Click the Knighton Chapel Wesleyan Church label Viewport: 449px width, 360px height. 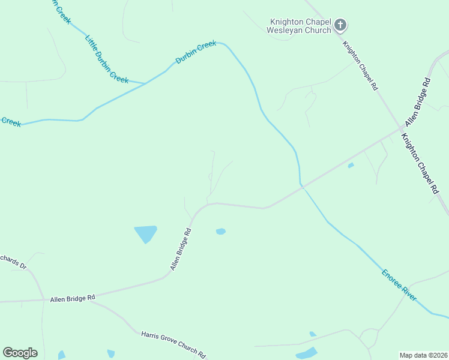298,25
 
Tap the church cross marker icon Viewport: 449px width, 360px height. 340,25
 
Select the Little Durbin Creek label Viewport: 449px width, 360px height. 106,59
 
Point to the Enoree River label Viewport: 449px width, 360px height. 399,285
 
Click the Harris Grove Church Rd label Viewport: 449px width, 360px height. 173,344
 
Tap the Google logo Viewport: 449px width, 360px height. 20,353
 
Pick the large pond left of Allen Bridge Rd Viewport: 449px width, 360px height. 146,233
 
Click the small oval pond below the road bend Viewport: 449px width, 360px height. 221,231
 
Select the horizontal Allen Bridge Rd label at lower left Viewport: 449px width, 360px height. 73,298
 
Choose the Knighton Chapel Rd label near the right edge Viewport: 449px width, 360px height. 420,163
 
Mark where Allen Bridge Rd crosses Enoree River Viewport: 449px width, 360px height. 302,187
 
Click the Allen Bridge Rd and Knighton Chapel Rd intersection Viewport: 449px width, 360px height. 401,129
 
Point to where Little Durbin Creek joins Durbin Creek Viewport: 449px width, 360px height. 145,83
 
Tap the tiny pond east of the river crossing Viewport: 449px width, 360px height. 351,165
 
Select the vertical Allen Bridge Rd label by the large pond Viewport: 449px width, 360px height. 180,248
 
